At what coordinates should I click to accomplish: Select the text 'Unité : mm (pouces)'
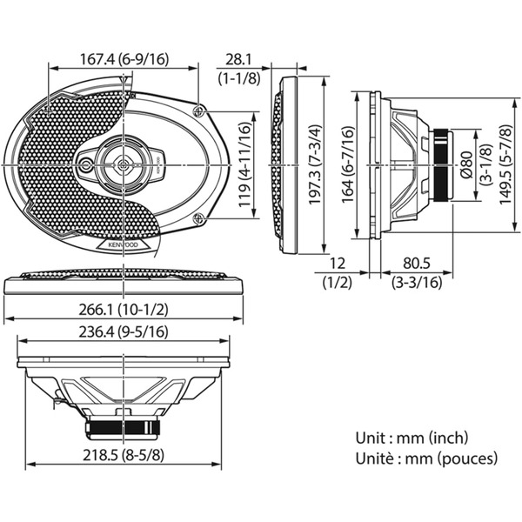426,457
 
